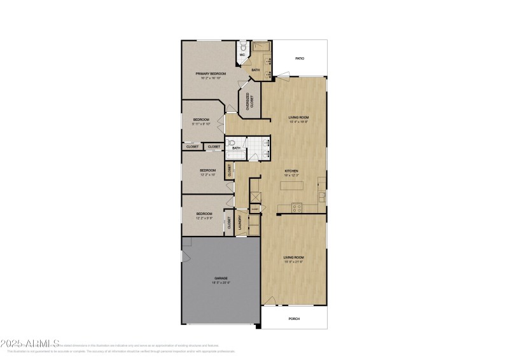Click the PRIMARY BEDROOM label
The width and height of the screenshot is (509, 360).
pos(211,74)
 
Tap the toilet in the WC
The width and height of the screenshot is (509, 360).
pos(242,46)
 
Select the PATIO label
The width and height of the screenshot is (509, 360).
pos(299,59)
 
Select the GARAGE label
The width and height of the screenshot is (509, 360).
pos(221,278)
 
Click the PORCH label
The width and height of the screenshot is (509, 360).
pos(294,319)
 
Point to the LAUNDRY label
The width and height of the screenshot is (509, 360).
pos(240,222)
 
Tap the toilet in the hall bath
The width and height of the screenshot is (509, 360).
pos(231,144)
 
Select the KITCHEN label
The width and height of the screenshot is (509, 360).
pos(291,171)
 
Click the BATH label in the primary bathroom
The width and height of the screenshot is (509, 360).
pos(256,70)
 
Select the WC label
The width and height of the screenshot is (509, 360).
pos(242,55)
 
